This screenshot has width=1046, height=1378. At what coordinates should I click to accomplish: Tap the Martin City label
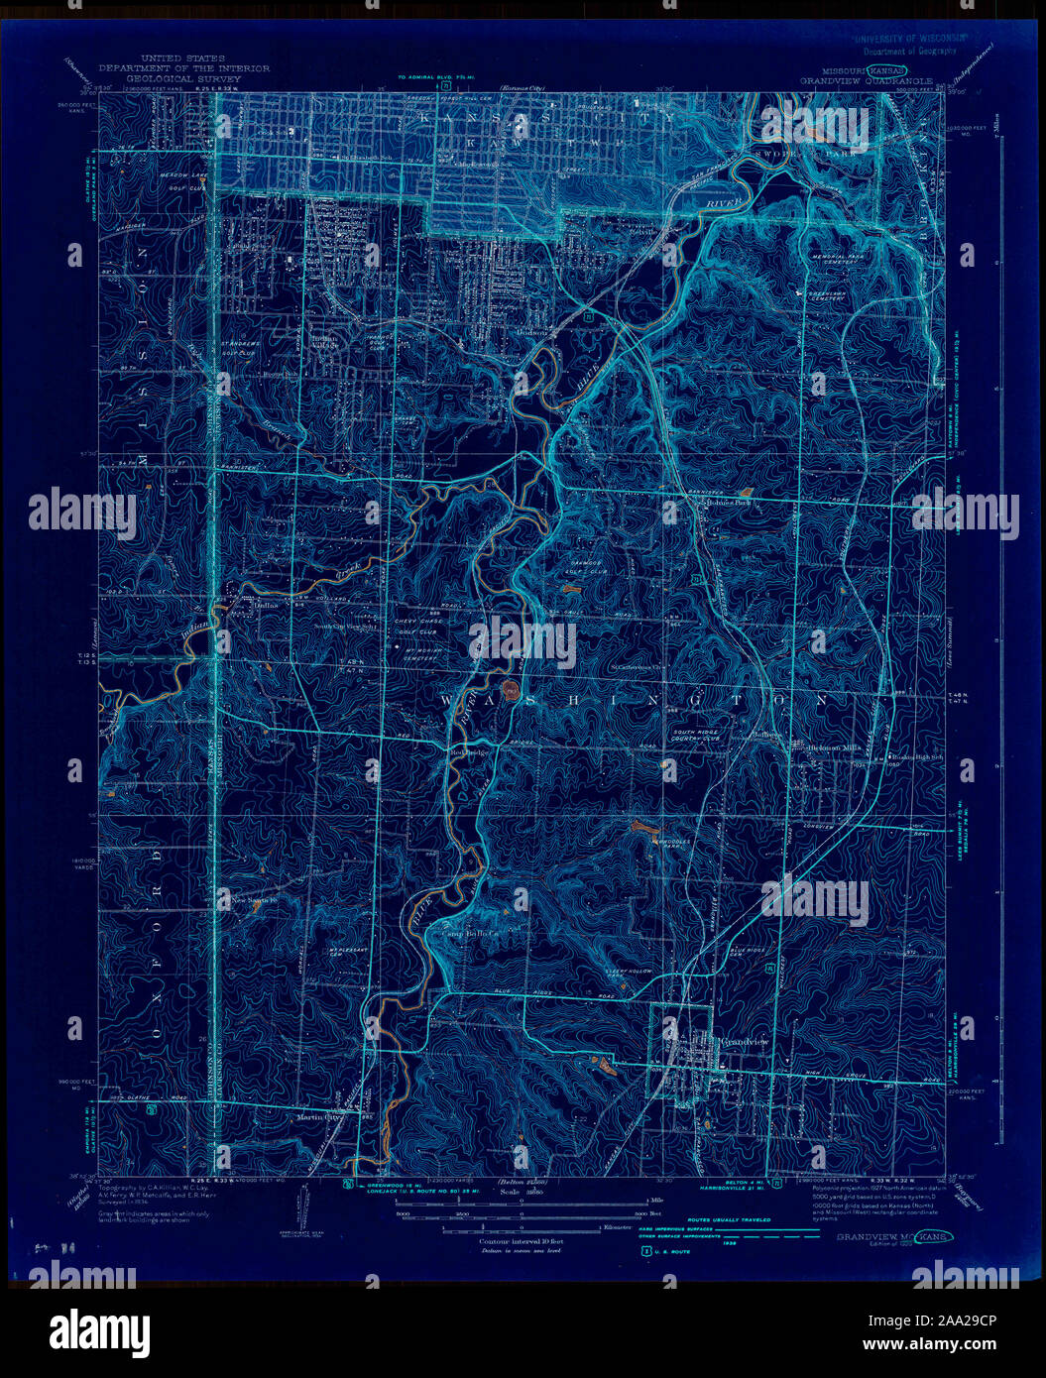coord(318,1117)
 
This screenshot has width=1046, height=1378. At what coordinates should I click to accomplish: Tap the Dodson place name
coord(531,333)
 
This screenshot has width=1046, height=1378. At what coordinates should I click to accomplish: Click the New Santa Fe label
coord(248,900)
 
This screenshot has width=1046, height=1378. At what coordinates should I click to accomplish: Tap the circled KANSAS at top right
coord(888,71)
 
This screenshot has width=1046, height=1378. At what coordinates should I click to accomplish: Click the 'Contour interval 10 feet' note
coord(521,1240)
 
